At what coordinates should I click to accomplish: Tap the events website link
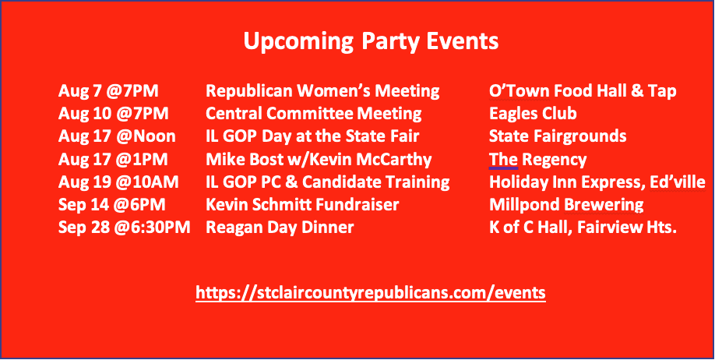[371, 292]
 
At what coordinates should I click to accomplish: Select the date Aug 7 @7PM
[108, 91]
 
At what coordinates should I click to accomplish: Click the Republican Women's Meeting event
[322, 91]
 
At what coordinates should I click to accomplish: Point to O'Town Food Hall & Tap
[583, 91]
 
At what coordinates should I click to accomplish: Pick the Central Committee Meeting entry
[314, 114]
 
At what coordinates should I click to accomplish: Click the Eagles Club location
[533, 114]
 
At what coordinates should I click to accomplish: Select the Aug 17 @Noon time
[117, 136]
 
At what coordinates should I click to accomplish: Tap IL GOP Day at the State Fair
[312, 136]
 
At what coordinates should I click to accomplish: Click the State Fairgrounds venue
[558, 136]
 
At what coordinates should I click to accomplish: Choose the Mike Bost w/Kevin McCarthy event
[319, 160]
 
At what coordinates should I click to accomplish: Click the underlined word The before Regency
[503, 160]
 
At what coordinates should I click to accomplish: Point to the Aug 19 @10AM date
[118, 182]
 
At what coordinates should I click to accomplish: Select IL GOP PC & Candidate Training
[328, 182]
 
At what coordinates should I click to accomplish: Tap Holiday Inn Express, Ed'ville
[597, 183]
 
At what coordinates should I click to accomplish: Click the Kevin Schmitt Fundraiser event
[302, 205]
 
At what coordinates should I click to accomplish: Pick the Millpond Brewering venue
[566, 205]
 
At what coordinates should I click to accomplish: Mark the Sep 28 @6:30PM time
[124, 228]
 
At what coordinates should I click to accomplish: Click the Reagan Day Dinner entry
[280, 228]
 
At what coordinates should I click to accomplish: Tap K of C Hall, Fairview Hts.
[583, 228]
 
